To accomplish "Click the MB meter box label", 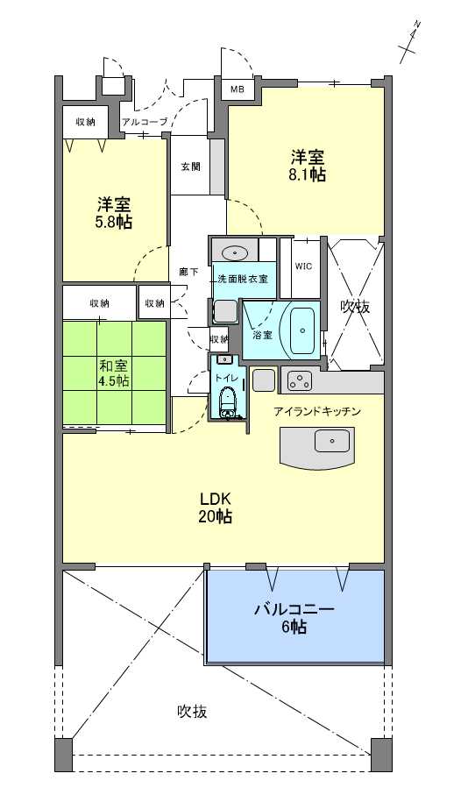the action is click(x=237, y=89).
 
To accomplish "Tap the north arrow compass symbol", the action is click(x=412, y=42).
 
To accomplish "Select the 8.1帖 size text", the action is click(x=307, y=175).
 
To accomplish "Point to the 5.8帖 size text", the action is click(x=114, y=223).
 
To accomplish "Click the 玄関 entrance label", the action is click(x=191, y=167).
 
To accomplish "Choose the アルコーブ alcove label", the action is click(x=145, y=123).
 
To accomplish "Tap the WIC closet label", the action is click(x=303, y=266).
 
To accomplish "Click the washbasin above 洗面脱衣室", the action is click(x=236, y=252).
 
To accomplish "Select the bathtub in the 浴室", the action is click(x=302, y=330).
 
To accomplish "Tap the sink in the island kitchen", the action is click(x=331, y=441).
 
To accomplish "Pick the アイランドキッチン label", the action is click(x=316, y=412).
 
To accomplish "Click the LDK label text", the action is click(x=215, y=499).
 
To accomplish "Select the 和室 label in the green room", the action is click(x=114, y=366).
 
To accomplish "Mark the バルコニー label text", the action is click(x=294, y=609).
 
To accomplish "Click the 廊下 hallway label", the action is click(x=188, y=272).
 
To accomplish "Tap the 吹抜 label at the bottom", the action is click(x=193, y=712).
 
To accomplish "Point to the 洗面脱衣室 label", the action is click(x=243, y=279).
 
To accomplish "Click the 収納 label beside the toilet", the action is click(x=219, y=339).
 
